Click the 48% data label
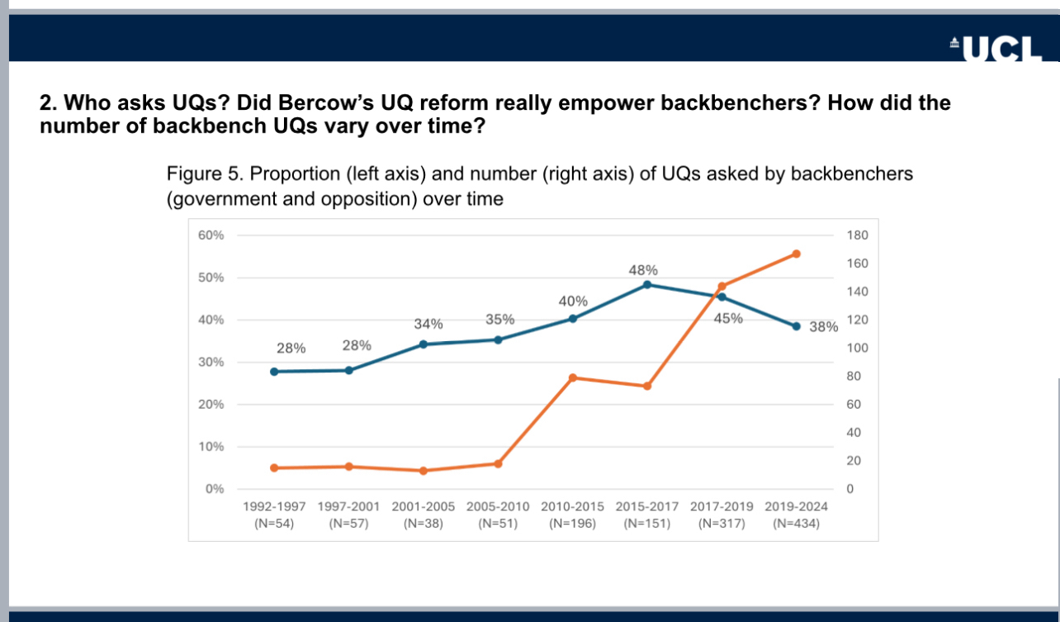pyautogui.click(x=643, y=269)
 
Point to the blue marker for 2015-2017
pyautogui.click(x=647, y=285)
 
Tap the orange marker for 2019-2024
pyautogui.click(x=797, y=254)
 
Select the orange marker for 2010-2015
pyautogui.click(x=573, y=377)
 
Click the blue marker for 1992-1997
pyautogui.click(x=274, y=372)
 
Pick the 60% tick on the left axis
pyautogui.click(x=211, y=235)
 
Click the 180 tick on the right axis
pyautogui.click(x=858, y=235)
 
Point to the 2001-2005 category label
pyautogui.click(x=423, y=506)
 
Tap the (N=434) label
pyautogui.click(x=797, y=523)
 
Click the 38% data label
pyautogui.click(x=823, y=327)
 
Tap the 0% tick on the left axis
pyautogui.click(x=215, y=489)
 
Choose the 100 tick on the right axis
pyautogui.click(x=858, y=349)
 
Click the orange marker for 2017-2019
pyautogui.click(x=722, y=287)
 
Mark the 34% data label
pyautogui.click(x=428, y=324)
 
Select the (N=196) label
pyautogui.click(x=572, y=523)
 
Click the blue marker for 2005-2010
pyautogui.click(x=498, y=339)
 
